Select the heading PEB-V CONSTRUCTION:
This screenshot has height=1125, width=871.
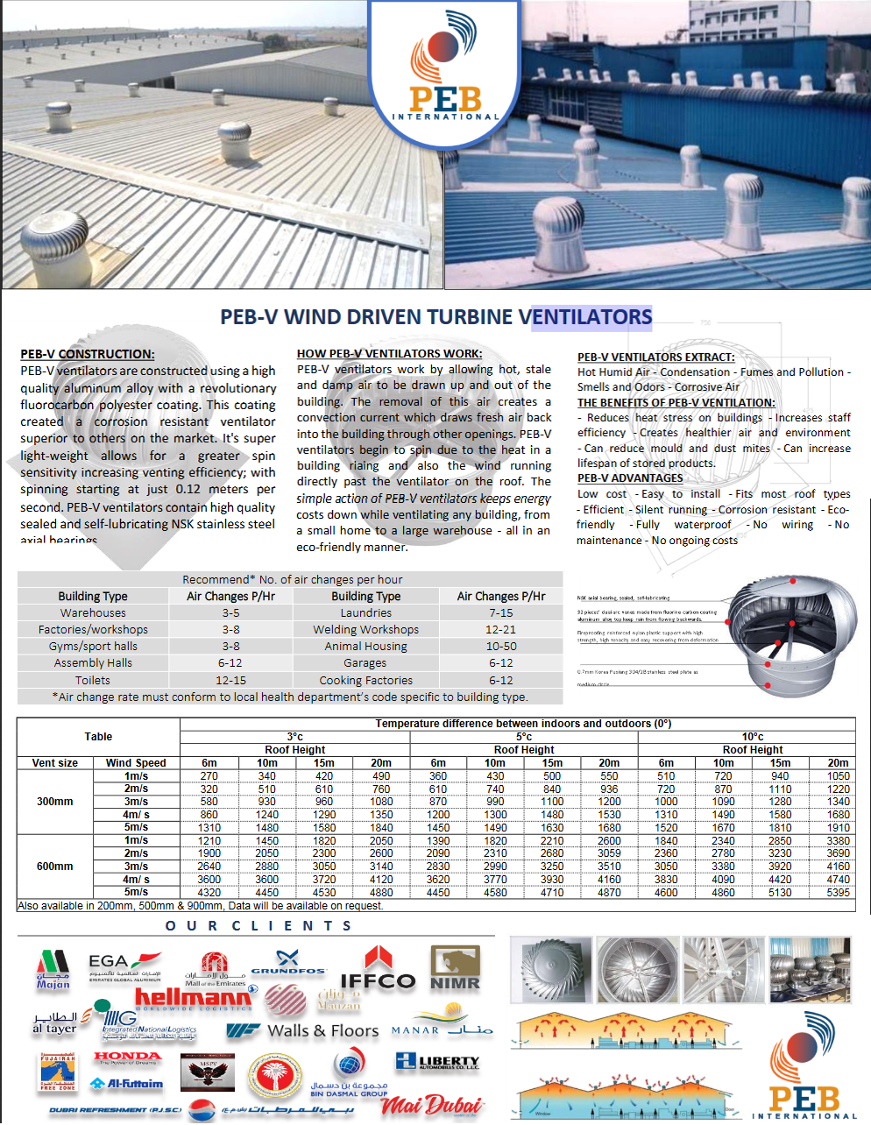[88, 354]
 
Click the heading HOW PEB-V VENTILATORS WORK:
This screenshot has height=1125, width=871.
[389, 354]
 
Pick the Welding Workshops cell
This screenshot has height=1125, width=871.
[365, 630]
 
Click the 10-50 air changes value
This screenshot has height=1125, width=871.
[501, 647]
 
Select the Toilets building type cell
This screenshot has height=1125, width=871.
[93, 681]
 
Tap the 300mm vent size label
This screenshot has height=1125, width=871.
[55, 802]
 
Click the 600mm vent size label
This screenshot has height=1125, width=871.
[55, 867]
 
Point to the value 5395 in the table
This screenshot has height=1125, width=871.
[838, 893]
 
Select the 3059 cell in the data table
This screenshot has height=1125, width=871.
[609, 853]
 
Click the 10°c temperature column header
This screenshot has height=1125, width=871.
[753, 737]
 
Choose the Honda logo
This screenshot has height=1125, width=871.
[128, 1058]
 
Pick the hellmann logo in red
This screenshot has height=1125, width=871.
[193, 997]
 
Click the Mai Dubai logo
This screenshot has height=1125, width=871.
[432, 1106]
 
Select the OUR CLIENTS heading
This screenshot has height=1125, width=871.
[258, 926]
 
